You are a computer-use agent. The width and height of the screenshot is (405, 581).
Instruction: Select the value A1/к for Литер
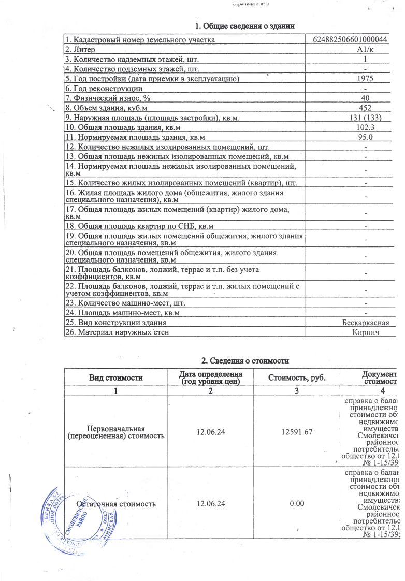click(x=366, y=50)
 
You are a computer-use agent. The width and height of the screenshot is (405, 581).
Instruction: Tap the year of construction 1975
click(x=366, y=79)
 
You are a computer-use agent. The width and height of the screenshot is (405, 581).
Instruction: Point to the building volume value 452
click(x=366, y=108)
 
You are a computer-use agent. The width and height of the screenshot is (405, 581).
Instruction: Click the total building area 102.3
click(x=366, y=127)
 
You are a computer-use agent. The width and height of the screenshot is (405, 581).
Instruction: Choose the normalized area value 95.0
click(x=366, y=137)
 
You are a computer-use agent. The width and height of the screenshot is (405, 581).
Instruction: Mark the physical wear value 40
click(x=366, y=98)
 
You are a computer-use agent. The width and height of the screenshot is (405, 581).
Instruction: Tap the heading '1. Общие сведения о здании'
click(x=245, y=26)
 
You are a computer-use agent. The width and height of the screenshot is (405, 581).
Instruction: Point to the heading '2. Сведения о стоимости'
click(x=244, y=360)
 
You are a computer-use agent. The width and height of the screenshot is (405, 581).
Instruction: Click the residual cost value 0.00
click(x=297, y=503)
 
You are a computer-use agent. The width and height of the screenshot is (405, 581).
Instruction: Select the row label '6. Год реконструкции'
click(x=99, y=89)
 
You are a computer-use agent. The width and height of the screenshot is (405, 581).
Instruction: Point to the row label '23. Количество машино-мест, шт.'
click(x=125, y=303)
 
